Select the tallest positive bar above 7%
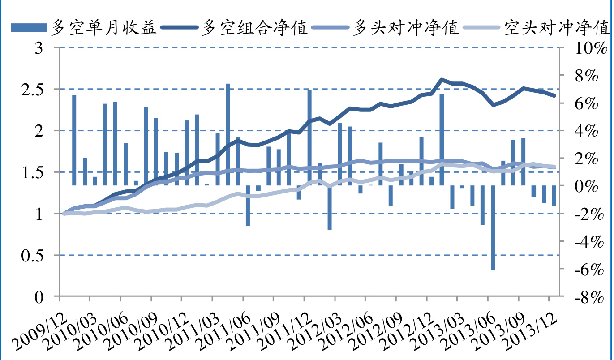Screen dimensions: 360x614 click(228, 134)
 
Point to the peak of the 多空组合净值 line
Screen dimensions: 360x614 click(442, 79)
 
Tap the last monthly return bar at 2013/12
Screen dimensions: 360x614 click(554, 195)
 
